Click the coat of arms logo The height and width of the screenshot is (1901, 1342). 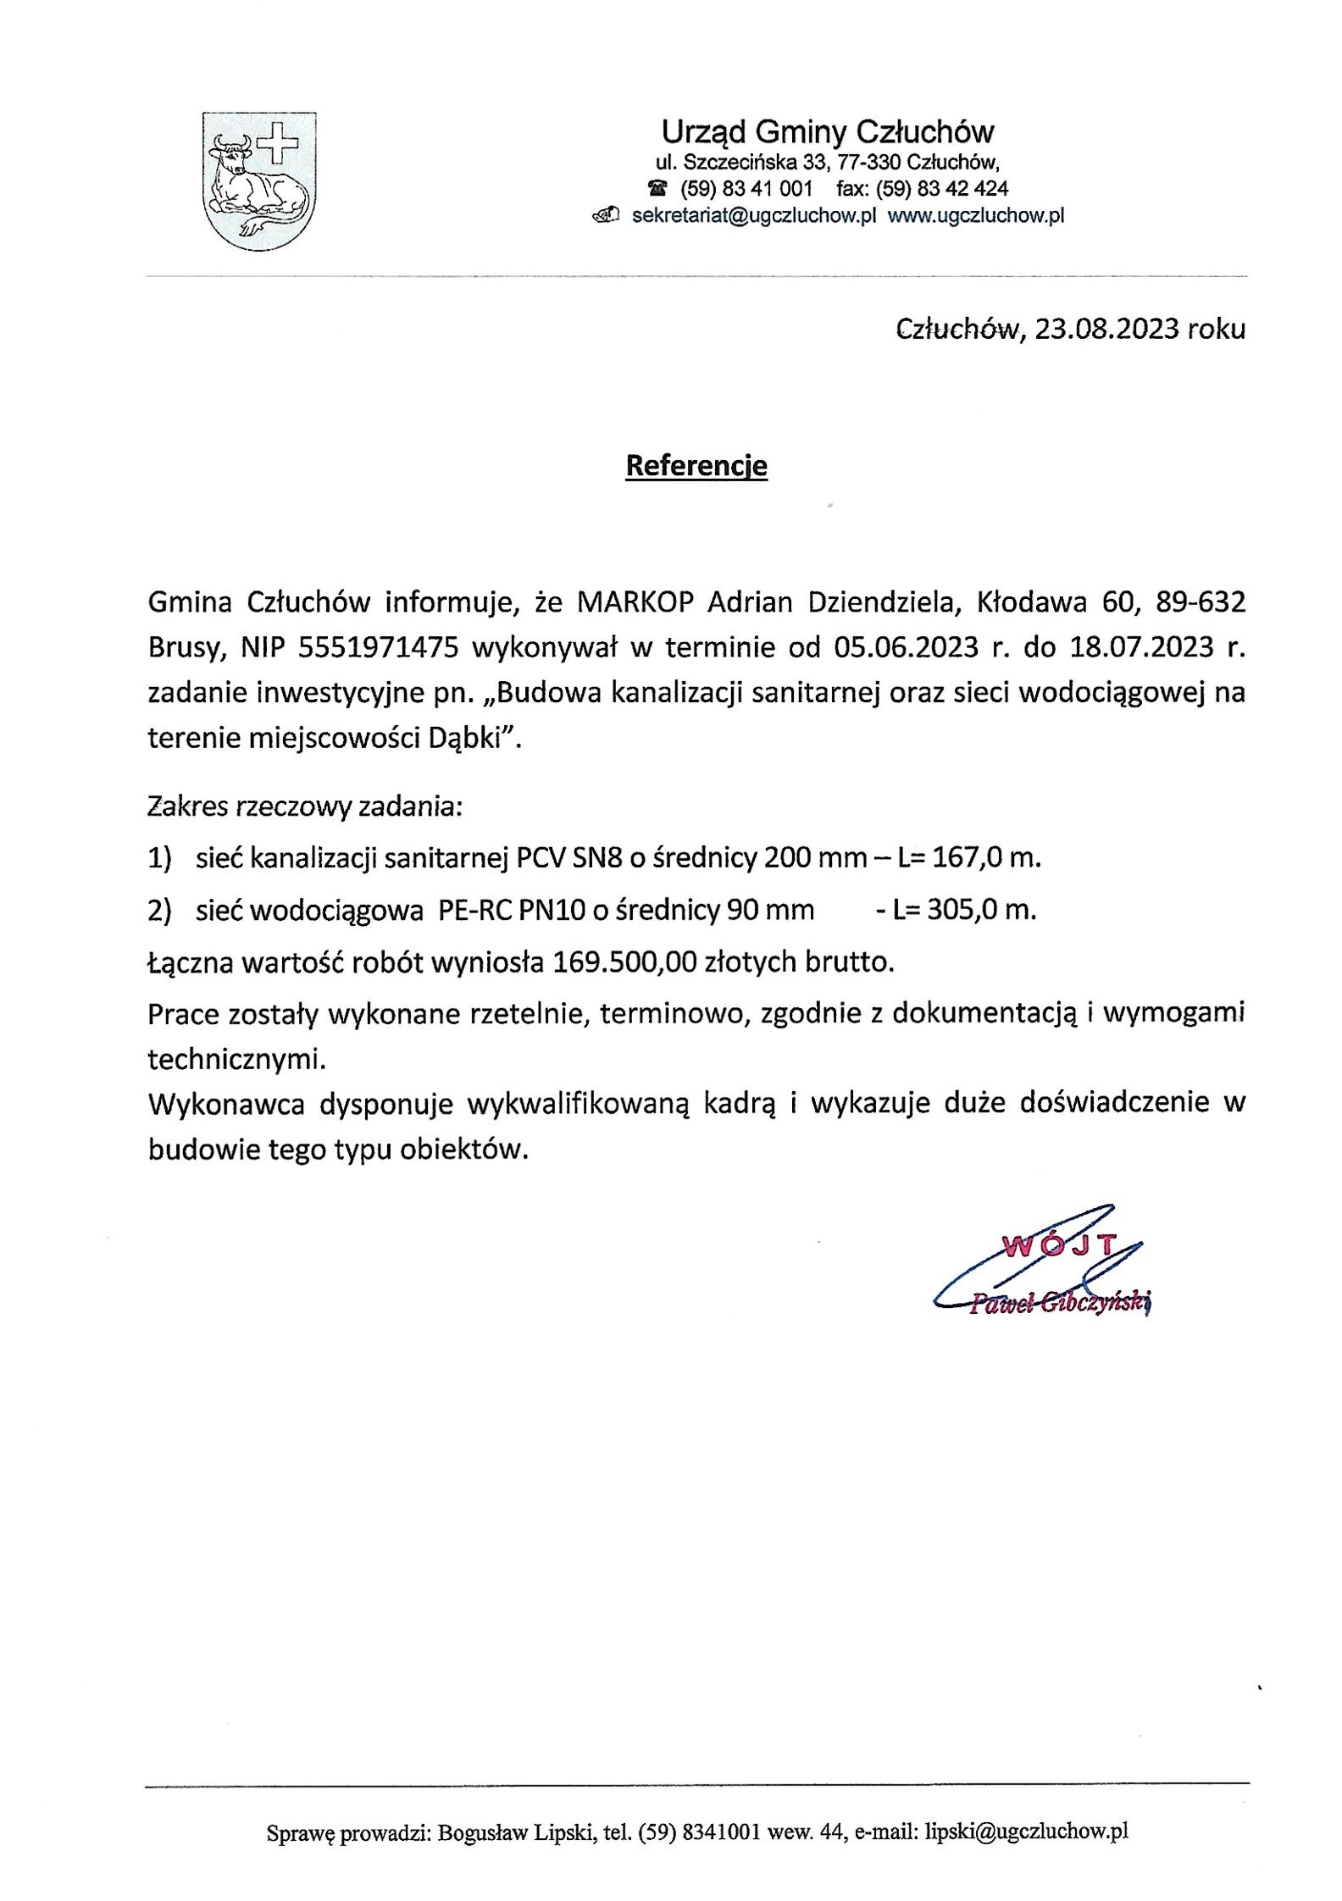coord(258,181)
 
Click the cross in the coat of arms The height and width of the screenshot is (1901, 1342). coord(279,143)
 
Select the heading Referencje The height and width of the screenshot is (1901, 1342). coord(696,465)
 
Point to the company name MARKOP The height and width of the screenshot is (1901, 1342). coord(635,602)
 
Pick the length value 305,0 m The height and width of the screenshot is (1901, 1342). coord(981,910)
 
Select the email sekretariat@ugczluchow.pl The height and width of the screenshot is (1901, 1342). coord(753,216)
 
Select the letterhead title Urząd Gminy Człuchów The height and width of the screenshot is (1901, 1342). coord(827,131)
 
